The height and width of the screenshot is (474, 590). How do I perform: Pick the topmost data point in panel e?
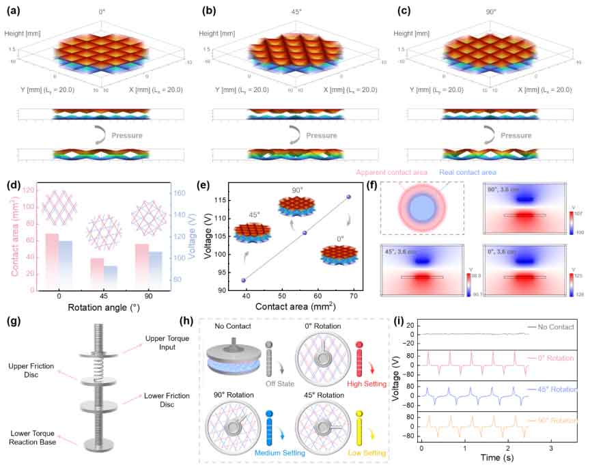click(x=348, y=197)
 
